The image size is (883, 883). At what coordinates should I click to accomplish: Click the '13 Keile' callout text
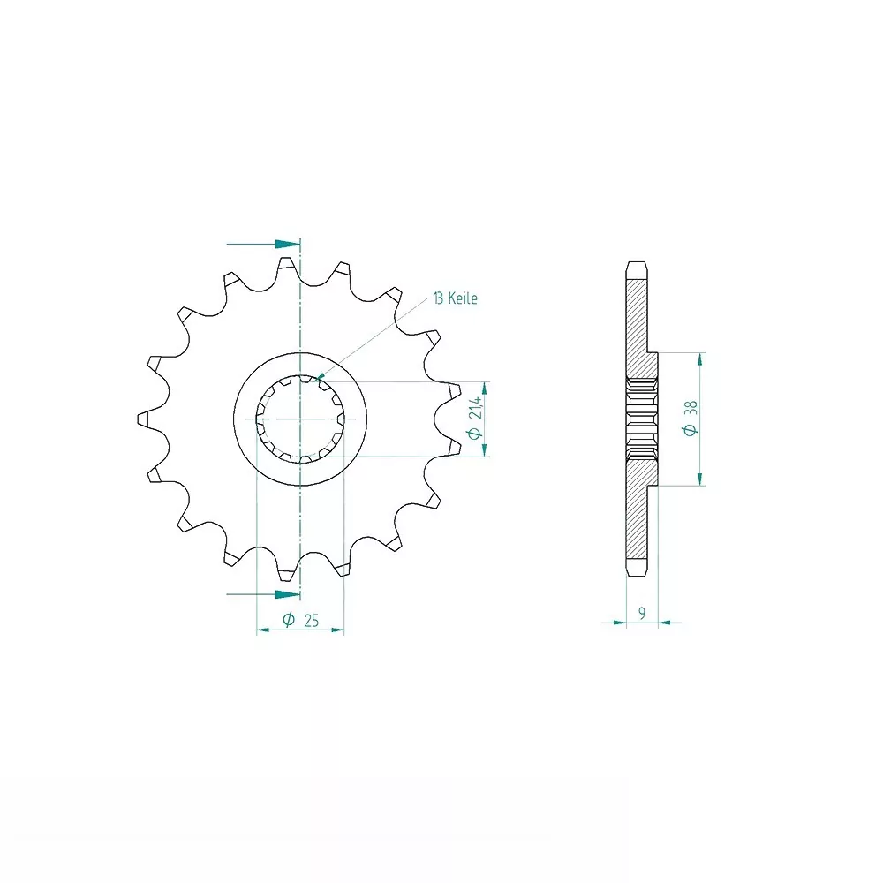[x=455, y=298]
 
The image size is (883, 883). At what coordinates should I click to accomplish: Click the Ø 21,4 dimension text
[x=475, y=418]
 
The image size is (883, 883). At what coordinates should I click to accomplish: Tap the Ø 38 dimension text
[x=690, y=418]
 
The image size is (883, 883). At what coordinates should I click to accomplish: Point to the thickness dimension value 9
[x=642, y=613]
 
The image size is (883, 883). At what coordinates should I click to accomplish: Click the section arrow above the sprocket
[x=263, y=245]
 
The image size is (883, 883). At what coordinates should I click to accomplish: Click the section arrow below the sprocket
[x=263, y=594]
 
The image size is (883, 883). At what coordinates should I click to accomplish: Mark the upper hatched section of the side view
[x=639, y=328]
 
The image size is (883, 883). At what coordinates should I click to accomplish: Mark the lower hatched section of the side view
[x=639, y=509]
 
